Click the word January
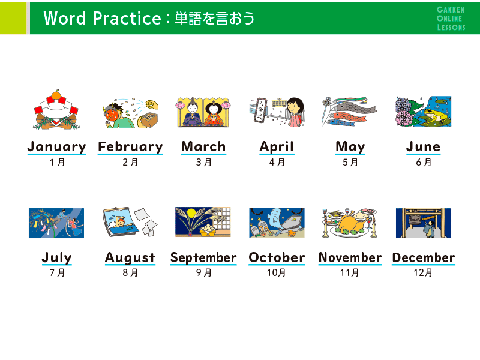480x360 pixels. point(56,147)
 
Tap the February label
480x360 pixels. point(130,147)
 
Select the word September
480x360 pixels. point(203,258)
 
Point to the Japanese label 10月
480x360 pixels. point(276,272)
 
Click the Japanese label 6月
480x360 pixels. point(424,162)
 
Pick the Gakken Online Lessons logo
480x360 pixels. point(451,19)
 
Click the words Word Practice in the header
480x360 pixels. point(102,19)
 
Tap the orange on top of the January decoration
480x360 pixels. point(56,94)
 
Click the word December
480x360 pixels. point(424,258)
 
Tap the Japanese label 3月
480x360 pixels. point(204,162)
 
